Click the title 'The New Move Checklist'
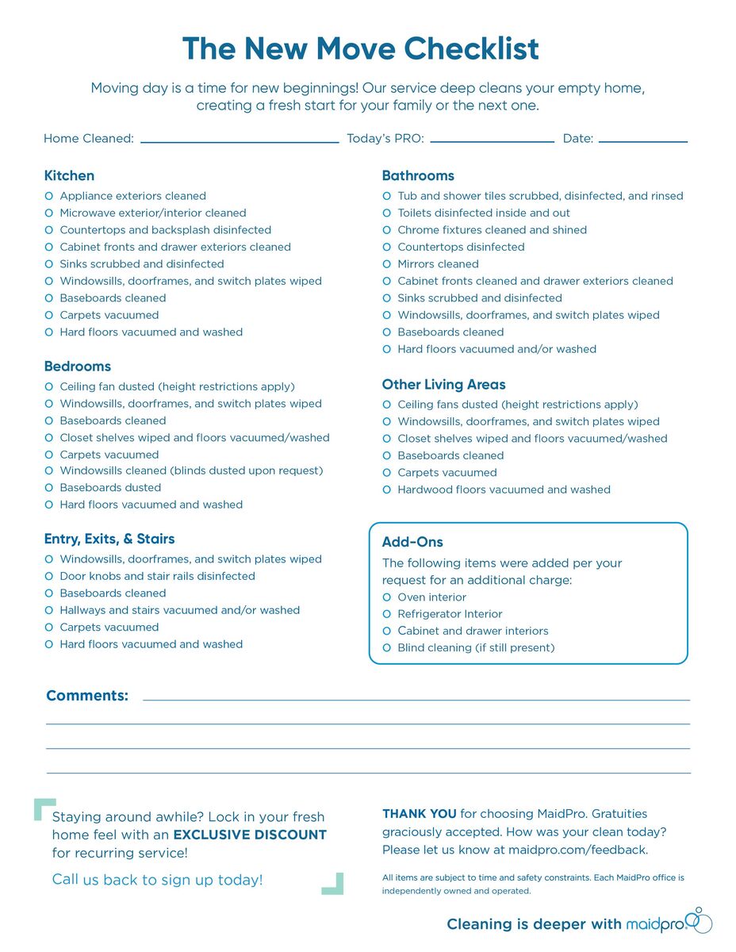360,49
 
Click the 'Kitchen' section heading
69,175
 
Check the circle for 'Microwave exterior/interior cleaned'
49,213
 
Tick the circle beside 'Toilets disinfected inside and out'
387,213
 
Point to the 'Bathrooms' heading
418,175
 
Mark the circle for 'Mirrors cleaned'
387,263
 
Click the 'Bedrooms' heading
77,367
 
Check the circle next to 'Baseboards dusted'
49,488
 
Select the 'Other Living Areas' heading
443,385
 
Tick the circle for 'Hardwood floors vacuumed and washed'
387,489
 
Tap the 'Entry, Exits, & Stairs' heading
109,539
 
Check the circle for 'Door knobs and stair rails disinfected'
49,576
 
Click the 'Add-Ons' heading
412,543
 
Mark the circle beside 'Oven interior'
387,597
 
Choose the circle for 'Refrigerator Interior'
387,614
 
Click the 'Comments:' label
87,696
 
